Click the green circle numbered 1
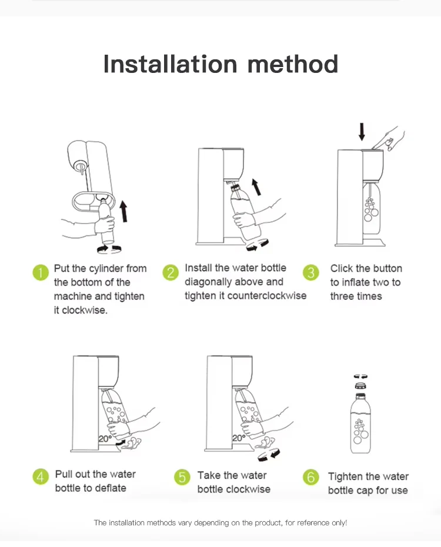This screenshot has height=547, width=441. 41,272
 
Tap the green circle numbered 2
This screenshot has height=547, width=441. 171,272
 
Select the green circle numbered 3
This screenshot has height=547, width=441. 311,272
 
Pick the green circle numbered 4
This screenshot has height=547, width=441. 41,476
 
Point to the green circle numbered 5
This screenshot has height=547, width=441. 182,477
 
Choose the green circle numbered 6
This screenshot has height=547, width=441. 311,477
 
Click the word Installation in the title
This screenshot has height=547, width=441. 170,64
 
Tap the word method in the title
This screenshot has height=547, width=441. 292,64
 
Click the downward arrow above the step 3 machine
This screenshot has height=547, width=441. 362,132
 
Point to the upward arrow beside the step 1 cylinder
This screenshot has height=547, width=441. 123,211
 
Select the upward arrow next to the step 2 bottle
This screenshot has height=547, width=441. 256,187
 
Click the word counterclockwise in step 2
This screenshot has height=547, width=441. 267,296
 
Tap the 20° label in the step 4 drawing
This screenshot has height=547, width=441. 105,439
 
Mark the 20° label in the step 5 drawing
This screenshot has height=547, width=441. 239,438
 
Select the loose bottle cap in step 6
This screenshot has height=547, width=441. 360,385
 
